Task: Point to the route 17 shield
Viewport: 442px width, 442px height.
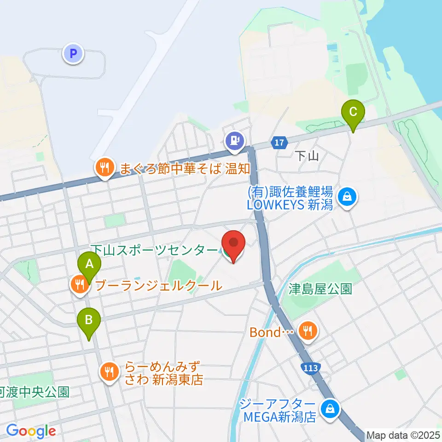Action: tap(279, 143)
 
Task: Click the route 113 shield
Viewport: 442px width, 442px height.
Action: tap(311, 368)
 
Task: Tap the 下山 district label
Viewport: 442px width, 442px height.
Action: tap(307, 156)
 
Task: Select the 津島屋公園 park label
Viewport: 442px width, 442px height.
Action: tap(320, 289)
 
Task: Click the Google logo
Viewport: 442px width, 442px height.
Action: tap(31, 431)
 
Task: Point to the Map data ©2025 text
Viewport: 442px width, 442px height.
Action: tap(403, 435)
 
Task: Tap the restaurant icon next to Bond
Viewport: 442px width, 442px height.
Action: tap(307, 330)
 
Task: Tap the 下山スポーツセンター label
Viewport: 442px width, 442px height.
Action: tap(154, 250)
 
